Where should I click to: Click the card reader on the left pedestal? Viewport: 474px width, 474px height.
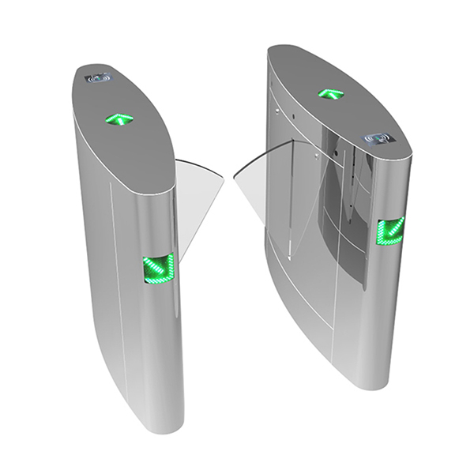point(101,78)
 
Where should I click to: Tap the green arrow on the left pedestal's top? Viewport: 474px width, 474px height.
point(119,120)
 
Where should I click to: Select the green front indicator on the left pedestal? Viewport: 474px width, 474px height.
point(157,269)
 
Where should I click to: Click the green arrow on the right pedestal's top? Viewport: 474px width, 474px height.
point(329,93)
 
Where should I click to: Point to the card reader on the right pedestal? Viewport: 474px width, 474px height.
point(378,139)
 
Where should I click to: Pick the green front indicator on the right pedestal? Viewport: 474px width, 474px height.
point(390,231)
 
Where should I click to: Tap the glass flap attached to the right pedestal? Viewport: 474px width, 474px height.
point(261,182)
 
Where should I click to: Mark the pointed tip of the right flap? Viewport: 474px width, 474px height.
point(234,184)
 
